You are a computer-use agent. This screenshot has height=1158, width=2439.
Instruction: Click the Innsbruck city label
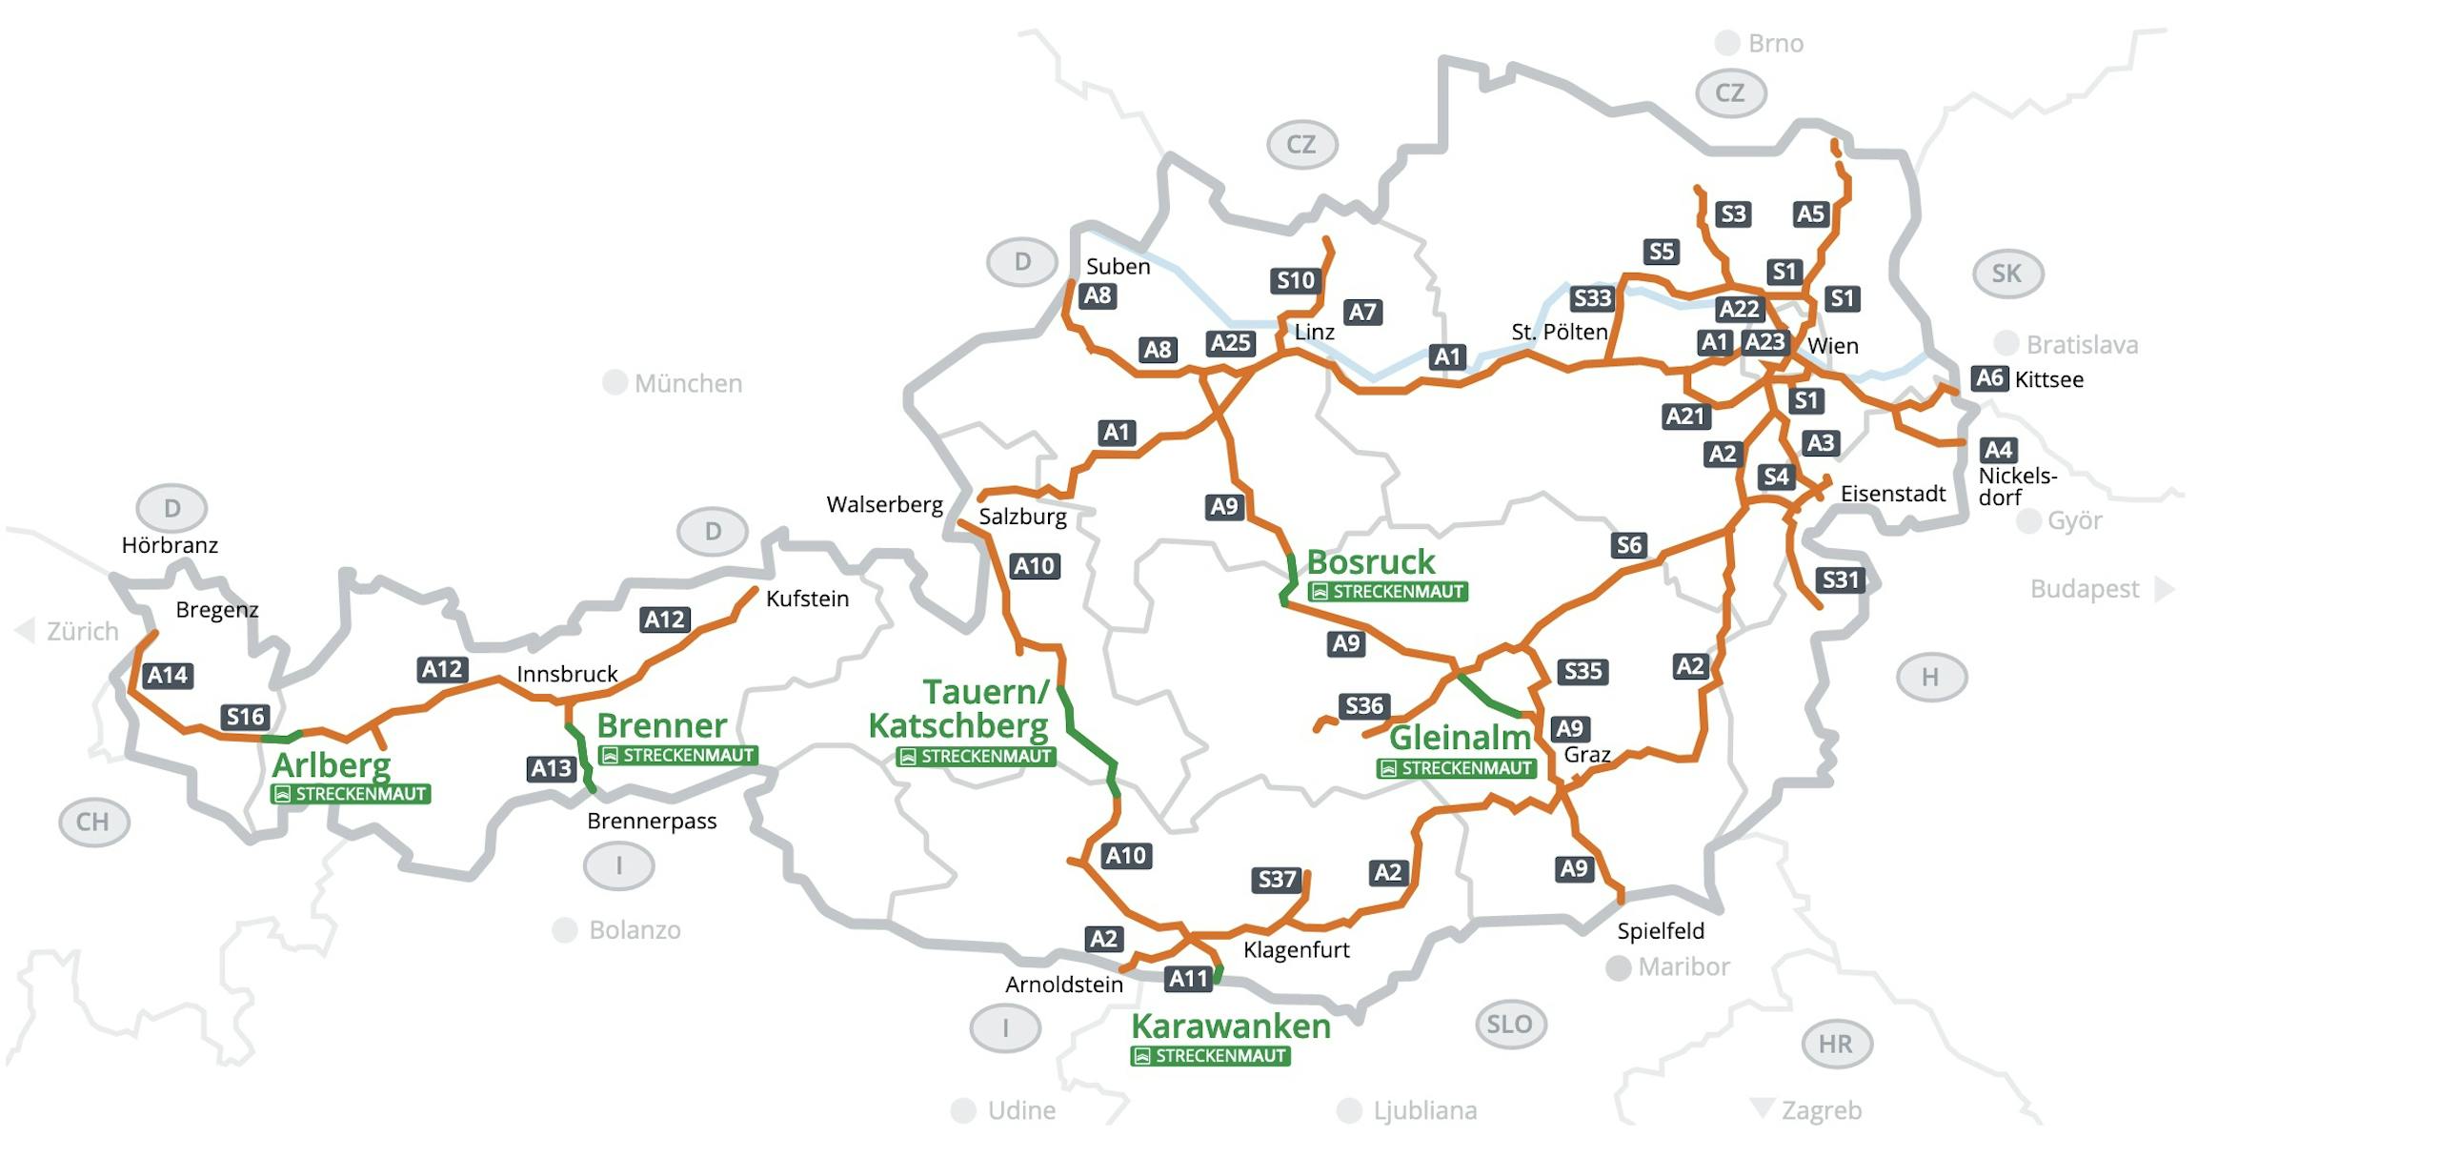[567, 674]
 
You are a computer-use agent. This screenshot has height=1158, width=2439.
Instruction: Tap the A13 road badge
[551, 768]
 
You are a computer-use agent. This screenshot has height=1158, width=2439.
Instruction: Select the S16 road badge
[245, 717]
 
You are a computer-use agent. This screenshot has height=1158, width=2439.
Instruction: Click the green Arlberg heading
[332, 764]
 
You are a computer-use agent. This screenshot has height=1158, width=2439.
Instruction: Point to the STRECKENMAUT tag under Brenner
[678, 756]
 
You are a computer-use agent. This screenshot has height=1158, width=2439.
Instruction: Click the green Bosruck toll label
[1370, 562]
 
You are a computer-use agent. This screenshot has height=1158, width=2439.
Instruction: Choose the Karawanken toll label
[1230, 1026]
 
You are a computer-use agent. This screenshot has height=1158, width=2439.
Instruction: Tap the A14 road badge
[168, 676]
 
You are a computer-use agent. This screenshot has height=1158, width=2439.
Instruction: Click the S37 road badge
[1277, 879]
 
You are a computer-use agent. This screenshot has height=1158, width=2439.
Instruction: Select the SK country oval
[2006, 274]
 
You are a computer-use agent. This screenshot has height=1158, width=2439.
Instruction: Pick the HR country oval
[1836, 1044]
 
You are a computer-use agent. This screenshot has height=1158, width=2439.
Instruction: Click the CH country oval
[93, 822]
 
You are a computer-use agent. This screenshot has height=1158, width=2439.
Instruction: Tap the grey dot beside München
[615, 383]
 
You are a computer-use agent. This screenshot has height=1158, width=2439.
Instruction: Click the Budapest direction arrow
[2164, 589]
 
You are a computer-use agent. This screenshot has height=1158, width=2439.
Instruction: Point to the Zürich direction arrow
[24, 630]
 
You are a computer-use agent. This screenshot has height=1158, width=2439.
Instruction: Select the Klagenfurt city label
[1296, 950]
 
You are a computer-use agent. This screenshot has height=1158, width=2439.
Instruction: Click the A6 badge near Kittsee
[1989, 378]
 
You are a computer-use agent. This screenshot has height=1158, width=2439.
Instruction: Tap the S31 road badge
[1840, 579]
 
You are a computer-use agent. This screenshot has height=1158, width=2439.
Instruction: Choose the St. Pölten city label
[1559, 332]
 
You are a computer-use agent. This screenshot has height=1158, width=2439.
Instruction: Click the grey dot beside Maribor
[1618, 968]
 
